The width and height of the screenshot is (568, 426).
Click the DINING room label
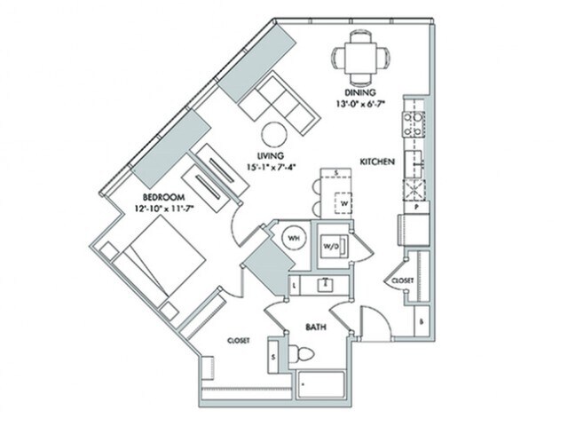pos(359,92)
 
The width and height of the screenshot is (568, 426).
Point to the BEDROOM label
pos(162,196)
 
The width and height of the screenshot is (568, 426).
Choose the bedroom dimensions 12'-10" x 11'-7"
pos(164,208)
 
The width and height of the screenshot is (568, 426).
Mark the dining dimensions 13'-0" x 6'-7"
pos(360,104)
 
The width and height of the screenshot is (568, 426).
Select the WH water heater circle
pos(289,239)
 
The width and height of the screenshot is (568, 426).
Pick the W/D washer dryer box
pos(331,244)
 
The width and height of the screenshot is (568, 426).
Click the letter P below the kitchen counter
pos(416,205)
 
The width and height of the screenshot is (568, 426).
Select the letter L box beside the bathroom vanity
pos(294,286)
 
